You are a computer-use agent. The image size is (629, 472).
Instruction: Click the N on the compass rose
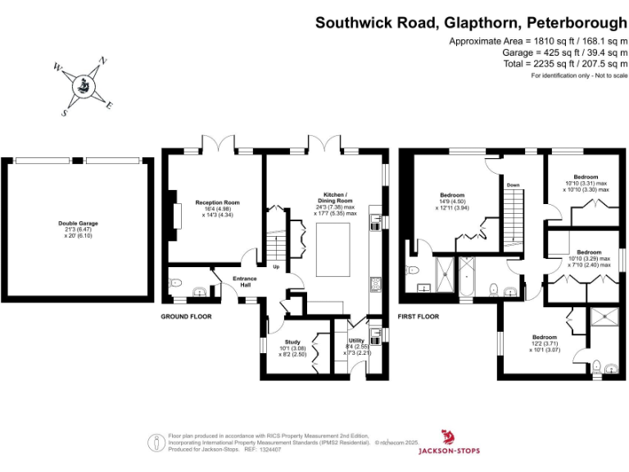pos(102,60)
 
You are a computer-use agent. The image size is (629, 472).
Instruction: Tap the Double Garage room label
pos(78,223)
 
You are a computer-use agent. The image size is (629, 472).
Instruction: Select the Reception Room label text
pos(217,202)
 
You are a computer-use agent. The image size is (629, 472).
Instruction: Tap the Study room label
pos(292,342)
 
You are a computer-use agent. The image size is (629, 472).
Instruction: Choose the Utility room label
pos(356,340)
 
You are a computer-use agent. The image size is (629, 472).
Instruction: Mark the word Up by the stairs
pos(276,267)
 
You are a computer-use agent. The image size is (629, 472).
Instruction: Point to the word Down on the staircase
pos(513,185)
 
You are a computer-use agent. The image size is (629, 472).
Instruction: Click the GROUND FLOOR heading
pos(182,315)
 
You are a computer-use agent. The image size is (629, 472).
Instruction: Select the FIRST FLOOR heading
pos(419,315)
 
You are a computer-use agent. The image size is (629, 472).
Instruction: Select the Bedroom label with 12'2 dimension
pos(545,337)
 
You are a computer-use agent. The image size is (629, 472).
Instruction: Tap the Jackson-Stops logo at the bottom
pos(448,441)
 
